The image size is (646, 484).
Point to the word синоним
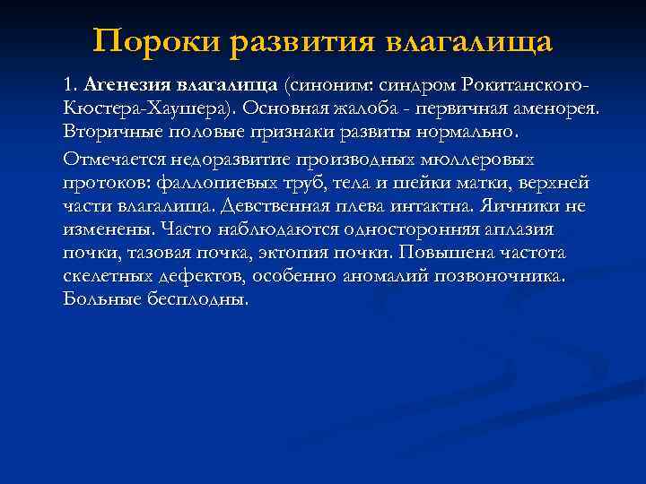[327, 85]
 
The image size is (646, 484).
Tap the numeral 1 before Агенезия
[68, 86]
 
